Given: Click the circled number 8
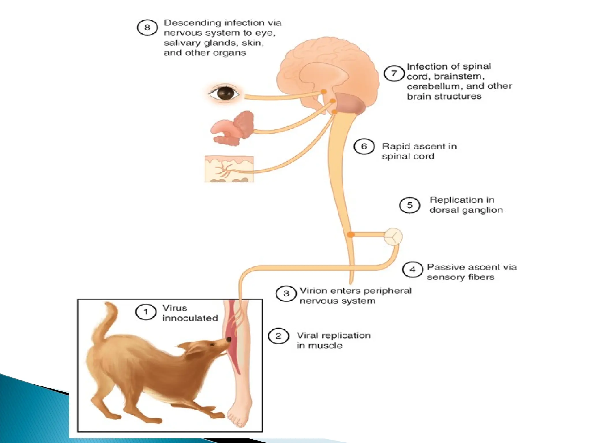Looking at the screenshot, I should (x=147, y=28).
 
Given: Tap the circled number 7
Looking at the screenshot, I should (x=394, y=73).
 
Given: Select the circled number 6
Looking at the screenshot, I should (x=364, y=147).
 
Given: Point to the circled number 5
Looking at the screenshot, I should (x=409, y=205).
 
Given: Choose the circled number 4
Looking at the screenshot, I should (x=413, y=270).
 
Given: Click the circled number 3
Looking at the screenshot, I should (x=286, y=294).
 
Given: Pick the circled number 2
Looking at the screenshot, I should (x=278, y=336).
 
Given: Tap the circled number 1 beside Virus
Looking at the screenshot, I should (x=146, y=312).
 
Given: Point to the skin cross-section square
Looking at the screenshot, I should (x=229, y=169).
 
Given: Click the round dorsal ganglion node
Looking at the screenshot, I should (x=393, y=236).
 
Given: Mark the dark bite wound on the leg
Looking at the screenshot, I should (x=229, y=339).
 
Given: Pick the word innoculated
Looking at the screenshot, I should (x=190, y=318).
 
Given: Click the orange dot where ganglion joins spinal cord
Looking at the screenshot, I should (x=351, y=235).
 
